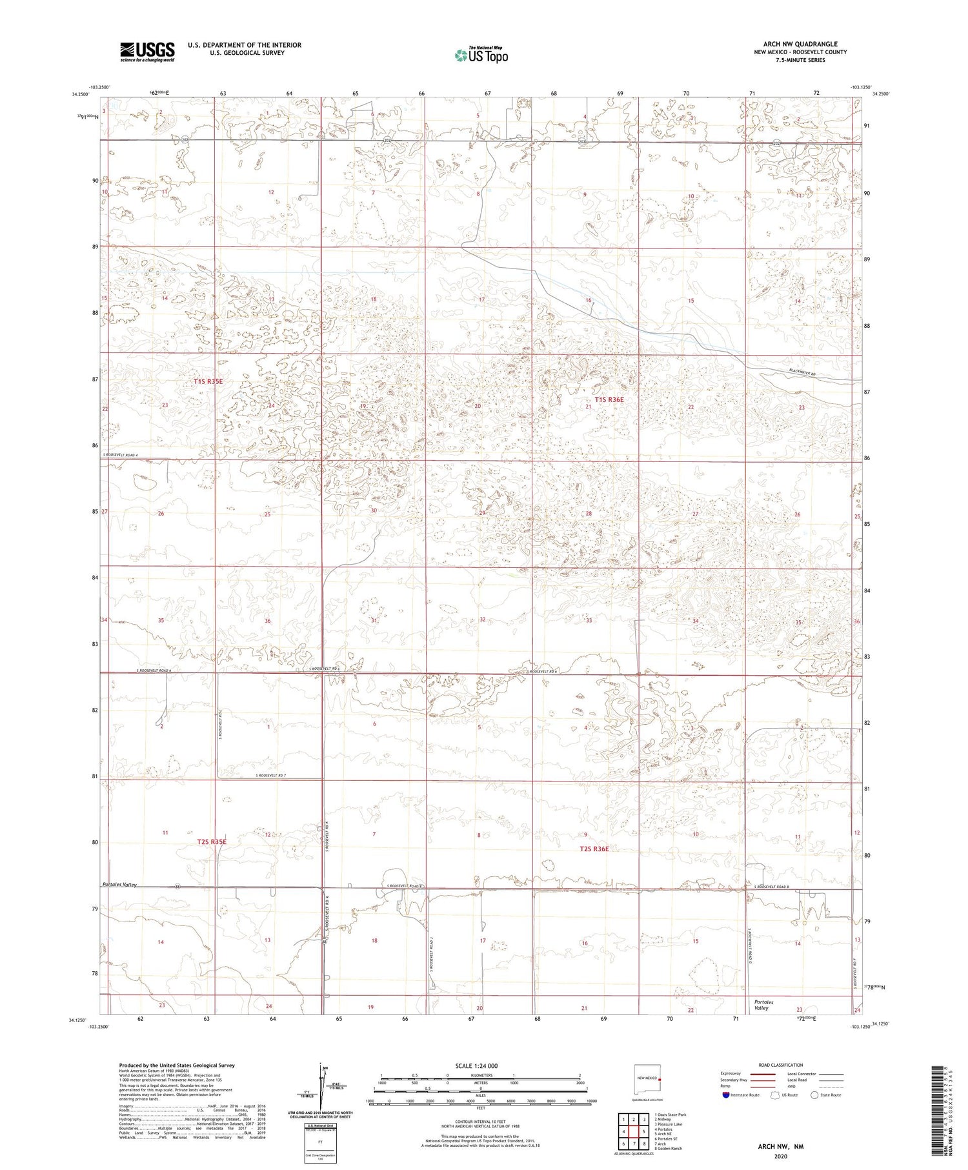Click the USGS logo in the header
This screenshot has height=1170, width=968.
point(146,52)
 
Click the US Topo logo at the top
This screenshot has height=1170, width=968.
point(481,55)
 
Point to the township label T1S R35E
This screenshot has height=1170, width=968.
point(208,381)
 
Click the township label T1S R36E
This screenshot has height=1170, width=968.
point(609,399)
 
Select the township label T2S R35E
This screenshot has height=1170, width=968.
point(211,842)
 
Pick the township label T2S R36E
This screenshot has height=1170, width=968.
point(594,849)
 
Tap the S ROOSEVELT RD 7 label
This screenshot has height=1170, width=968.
point(271,775)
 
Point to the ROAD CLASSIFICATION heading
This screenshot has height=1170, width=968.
point(780,1065)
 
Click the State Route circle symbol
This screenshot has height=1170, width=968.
point(814,1094)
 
